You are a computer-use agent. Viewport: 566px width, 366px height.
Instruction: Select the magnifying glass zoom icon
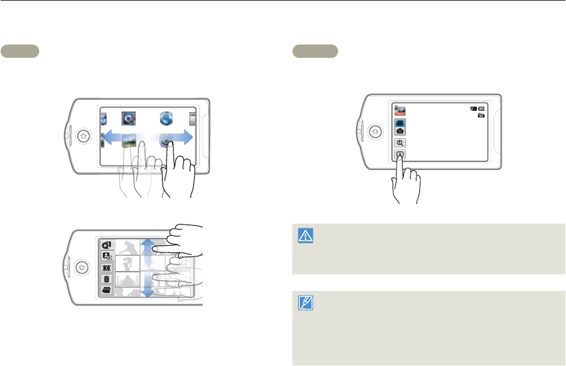[401, 143]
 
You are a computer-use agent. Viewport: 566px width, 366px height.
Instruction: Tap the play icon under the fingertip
[401, 155]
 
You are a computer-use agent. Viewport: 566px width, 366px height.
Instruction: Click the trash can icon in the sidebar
[106, 280]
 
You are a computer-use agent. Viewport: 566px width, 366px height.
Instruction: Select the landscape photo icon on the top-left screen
[129, 140]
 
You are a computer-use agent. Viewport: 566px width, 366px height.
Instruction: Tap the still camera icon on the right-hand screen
[401, 132]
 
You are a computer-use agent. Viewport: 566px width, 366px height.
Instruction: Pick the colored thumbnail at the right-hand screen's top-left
[401, 110]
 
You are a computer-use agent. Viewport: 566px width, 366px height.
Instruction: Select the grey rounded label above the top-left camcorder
[20, 51]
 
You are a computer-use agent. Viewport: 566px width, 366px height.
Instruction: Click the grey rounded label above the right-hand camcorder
[316, 51]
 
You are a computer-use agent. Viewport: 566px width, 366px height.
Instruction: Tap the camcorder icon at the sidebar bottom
[106, 291]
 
